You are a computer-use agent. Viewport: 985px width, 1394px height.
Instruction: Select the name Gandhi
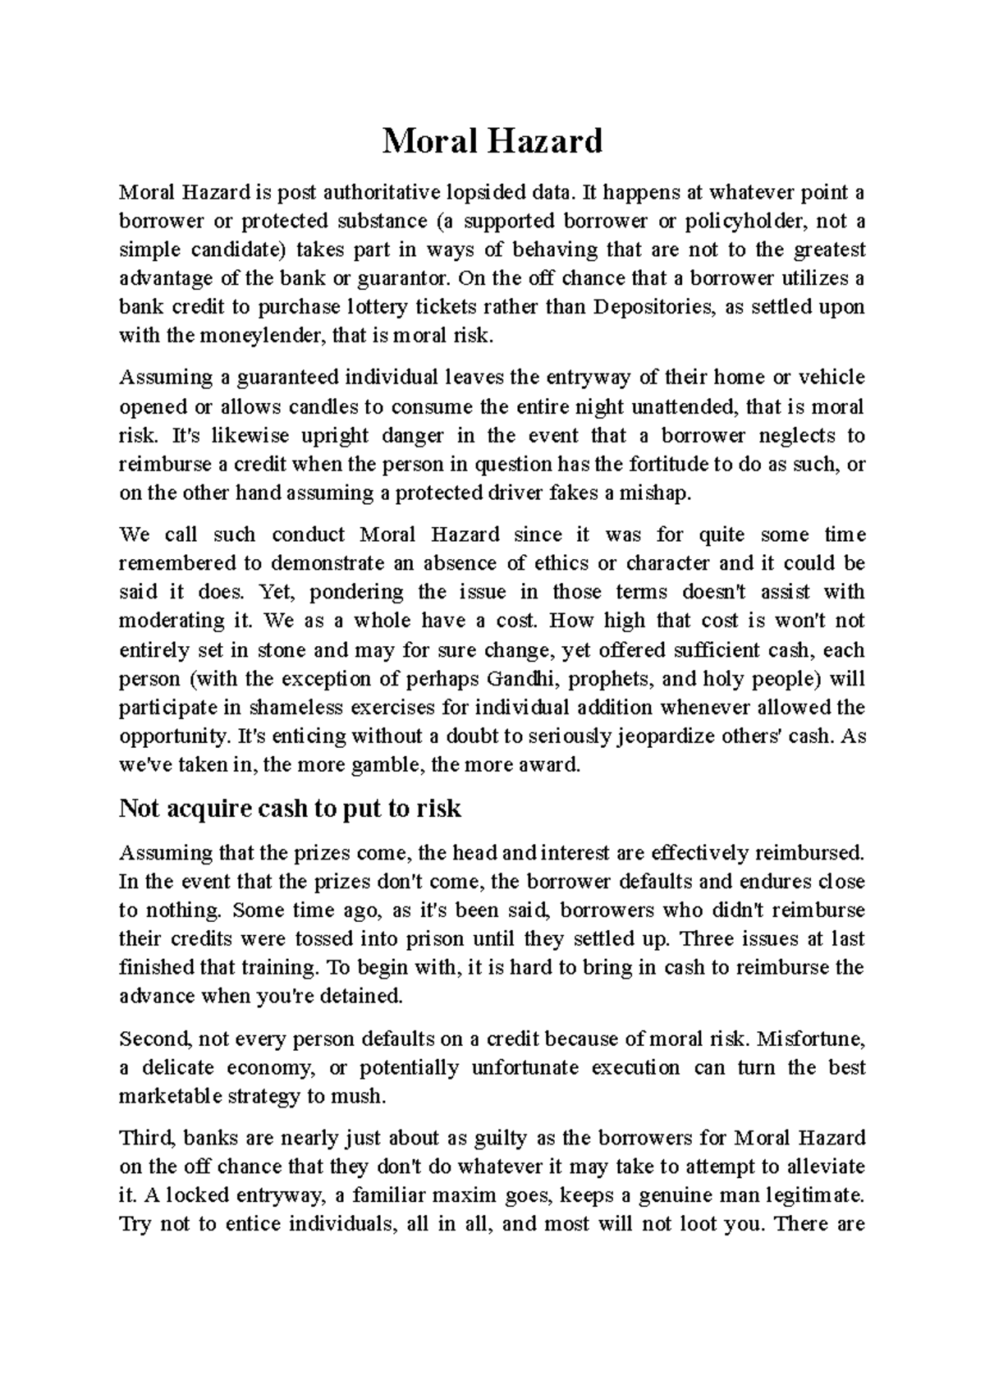[523, 679]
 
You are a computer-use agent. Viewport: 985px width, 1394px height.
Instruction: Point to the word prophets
[611, 679]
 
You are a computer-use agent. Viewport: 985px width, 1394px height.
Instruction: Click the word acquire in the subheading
[212, 809]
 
